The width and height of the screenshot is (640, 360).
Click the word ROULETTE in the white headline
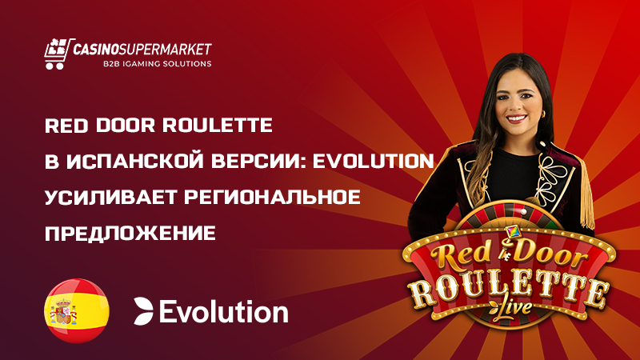click(x=220, y=126)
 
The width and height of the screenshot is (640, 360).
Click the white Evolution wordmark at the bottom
click(x=223, y=311)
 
